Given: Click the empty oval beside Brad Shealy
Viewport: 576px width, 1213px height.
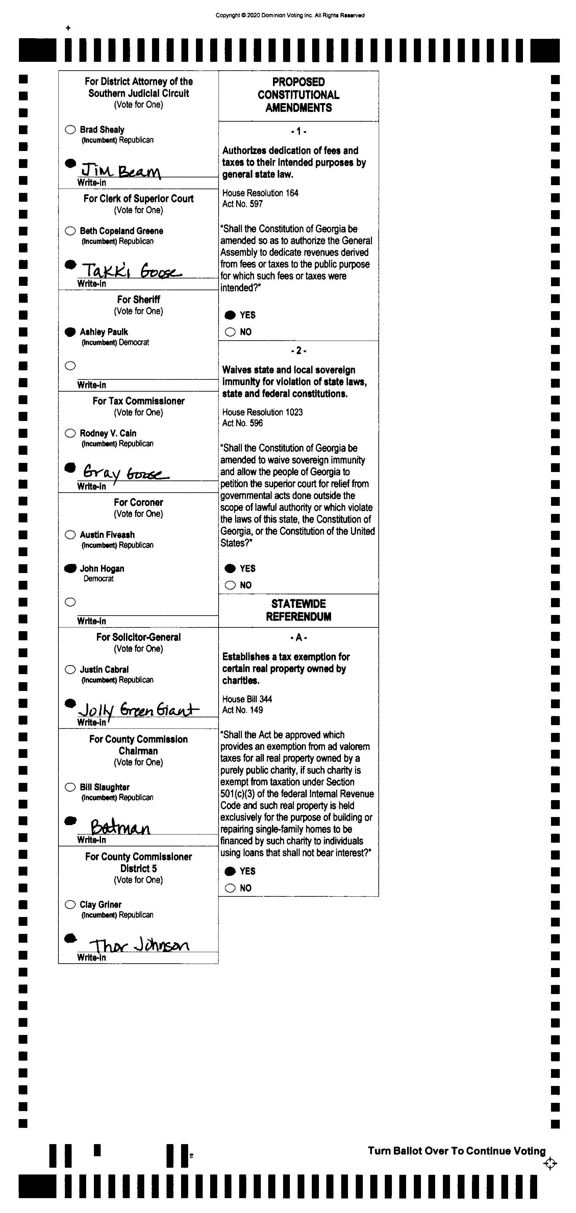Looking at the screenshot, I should pos(70,129).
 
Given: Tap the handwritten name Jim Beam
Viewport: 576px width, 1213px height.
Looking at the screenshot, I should pos(121,170).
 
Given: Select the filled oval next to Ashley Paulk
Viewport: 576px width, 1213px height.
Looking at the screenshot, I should pos(70,332).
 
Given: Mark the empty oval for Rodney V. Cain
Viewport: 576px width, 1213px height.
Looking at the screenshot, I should pos(70,433).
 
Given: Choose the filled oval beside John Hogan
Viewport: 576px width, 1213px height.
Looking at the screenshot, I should pos(70,568).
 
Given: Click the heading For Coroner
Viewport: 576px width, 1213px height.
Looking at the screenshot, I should pos(139,502).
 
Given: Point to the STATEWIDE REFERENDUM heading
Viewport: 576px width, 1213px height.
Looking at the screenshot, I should pos(299,610).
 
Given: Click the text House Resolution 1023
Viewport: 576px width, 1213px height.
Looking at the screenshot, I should pos(262,412).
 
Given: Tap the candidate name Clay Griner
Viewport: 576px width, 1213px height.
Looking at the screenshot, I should pos(100,905).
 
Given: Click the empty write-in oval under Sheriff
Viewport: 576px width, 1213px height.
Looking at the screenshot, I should pos(70,366).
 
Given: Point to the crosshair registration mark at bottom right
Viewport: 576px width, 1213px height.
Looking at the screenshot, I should pos(550,1164).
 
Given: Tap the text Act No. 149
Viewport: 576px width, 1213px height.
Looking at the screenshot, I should pos(243,710).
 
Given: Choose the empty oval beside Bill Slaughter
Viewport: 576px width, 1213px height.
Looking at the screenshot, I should pos(70,787).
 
